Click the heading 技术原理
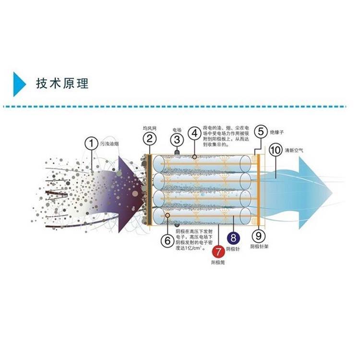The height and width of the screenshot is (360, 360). coord(62,84)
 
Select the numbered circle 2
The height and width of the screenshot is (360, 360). coord(149,139)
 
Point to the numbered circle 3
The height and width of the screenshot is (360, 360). coord(177,140)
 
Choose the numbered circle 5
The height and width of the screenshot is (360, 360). coord(260,131)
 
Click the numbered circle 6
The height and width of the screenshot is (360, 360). coord(166,240)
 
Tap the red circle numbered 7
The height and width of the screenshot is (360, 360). coord(218,251)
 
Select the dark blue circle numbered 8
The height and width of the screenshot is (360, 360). coord(233,237)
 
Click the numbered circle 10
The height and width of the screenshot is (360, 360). coord(275,150)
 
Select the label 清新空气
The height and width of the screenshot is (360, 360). coord(294,150)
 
